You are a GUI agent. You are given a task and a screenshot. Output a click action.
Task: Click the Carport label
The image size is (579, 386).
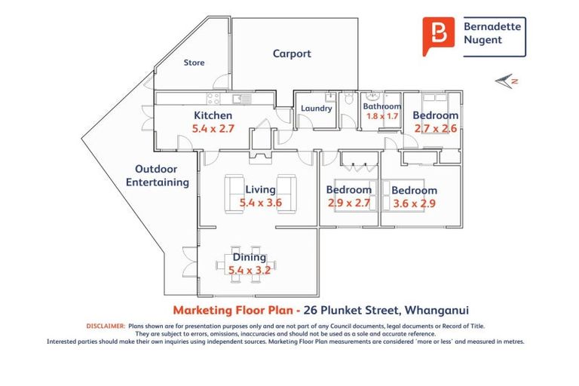click(x=292, y=54)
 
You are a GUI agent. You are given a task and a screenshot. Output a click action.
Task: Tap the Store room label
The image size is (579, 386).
click(x=195, y=63)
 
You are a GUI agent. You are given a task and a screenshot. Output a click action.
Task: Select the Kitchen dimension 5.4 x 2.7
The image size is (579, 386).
click(x=213, y=129)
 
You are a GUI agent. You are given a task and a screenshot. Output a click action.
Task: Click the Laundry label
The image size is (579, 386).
click(x=316, y=109)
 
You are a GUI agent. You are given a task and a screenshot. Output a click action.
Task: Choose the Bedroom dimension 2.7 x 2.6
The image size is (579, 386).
click(x=435, y=129)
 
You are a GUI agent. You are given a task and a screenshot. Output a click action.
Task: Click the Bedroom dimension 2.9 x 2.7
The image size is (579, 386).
click(x=348, y=203)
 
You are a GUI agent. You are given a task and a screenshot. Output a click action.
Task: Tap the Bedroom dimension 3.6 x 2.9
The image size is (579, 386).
click(x=415, y=204)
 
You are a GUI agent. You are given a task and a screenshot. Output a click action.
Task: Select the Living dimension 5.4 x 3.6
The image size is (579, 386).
click(x=260, y=203)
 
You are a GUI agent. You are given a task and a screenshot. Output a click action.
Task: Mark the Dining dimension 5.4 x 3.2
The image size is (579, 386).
click(x=249, y=270)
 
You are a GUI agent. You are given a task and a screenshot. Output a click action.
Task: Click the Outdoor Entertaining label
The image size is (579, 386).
click(x=157, y=176)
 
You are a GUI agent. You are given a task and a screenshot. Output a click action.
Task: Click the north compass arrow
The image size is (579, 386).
click(x=503, y=80)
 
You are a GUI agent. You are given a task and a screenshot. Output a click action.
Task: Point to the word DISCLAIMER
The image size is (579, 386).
click(x=105, y=326)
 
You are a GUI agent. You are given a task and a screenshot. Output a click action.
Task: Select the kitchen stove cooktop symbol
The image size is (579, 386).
click(x=213, y=98)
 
